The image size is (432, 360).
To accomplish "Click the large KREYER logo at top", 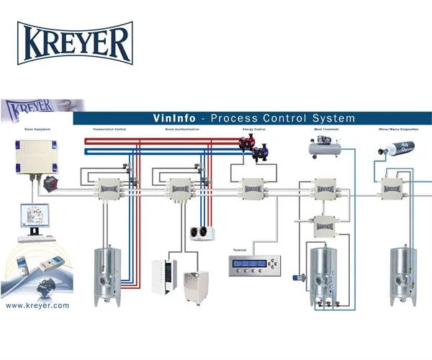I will click(x=75, y=43).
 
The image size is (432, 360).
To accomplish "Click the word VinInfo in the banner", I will click(x=177, y=118).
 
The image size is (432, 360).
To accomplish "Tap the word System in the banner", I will click(x=330, y=118).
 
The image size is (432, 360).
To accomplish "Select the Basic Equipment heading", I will click(x=24, y=130).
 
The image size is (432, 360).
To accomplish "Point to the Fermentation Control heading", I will click(x=109, y=130).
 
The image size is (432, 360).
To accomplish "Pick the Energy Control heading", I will click(x=253, y=130).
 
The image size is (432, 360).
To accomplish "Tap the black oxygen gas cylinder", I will click(x=394, y=150).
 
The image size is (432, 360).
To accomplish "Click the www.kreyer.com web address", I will click(x=37, y=305).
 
